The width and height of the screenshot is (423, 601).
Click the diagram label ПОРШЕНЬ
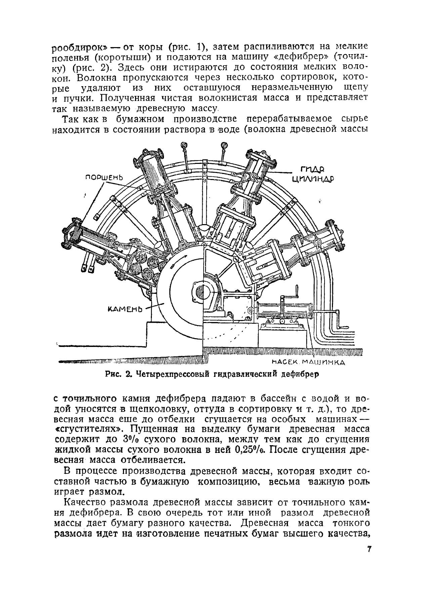[x=104, y=177]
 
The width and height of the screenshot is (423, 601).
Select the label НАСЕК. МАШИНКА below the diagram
[x=308, y=362]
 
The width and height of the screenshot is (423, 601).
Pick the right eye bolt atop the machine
[x=223, y=146]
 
